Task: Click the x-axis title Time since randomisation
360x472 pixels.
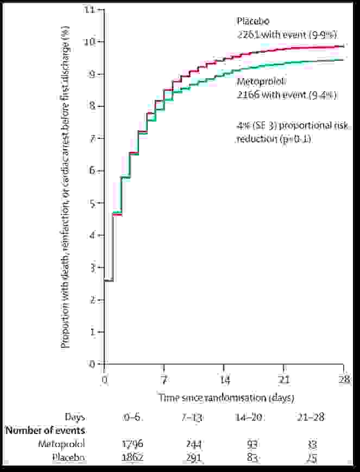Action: pos(226,398)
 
